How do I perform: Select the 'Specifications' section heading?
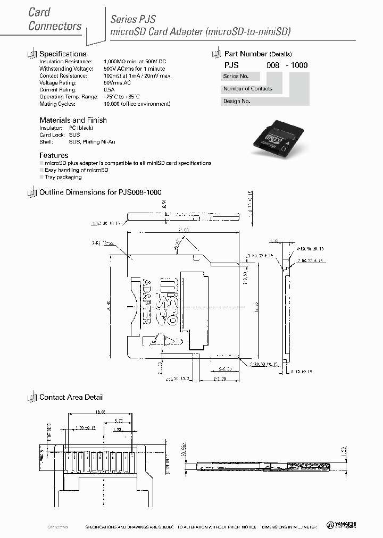(x=63, y=54)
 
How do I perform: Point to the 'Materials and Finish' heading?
(x=73, y=120)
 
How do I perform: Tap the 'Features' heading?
(x=54, y=155)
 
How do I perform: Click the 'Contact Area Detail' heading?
(x=71, y=397)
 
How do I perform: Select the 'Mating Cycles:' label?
(x=57, y=104)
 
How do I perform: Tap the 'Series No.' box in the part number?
(x=236, y=76)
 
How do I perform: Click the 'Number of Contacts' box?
(x=248, y=89)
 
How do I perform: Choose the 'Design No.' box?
(x=237, y=101)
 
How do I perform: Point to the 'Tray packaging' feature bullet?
(x=63, y=177)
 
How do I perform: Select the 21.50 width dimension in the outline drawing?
(x=184, y=230)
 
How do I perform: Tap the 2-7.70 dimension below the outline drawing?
(x=221, y=379)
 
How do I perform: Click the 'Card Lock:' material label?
(x=52, y=135)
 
